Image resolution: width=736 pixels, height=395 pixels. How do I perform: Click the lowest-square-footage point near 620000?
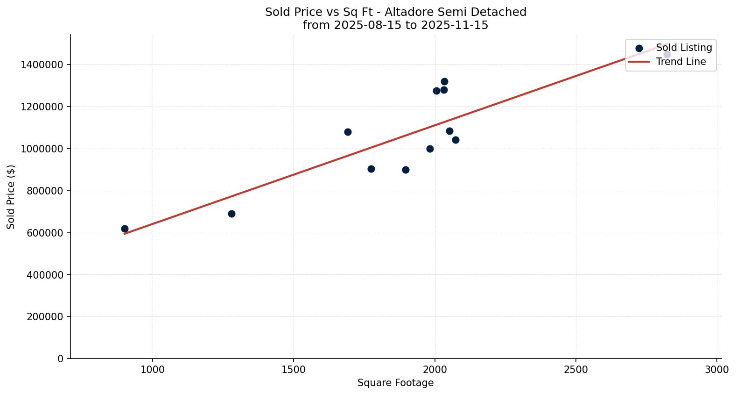pyautogui.click(x=125, y=229)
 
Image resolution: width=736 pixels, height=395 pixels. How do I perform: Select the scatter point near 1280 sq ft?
pyautogui.click(x=231, y=214)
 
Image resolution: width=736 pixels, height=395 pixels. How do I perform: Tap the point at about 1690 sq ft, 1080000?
pyautogui.click(x=348, y=132)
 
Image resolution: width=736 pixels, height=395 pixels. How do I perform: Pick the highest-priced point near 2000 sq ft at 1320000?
pyautogui.click(x=444, y=81)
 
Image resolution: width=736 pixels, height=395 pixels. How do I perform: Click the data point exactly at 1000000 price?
pyautogui.click(x=430, y=149)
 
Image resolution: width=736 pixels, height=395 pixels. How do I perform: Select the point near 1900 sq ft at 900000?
pyautogui.click(x=406, y=170)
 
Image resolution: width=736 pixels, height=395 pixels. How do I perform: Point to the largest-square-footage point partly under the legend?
pyautogui.click(x=667, y=54)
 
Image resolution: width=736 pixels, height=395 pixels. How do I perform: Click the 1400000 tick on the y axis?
pyautogui.click(x=42, y=65)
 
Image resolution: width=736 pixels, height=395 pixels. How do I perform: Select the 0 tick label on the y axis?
pyautogui.click(x=60, y=359)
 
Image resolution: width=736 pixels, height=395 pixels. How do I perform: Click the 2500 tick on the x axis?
pyautogui.click(x=575, y=369)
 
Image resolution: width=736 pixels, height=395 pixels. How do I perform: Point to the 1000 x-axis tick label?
pyautogui.click(x=153, y=369)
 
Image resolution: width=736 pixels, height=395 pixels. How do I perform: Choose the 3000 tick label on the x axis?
pyautogui.click(x=717, y=369)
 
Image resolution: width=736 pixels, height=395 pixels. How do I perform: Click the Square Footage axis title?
pyautogui.click(x=395, y=383)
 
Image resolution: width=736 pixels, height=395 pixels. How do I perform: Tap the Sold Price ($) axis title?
pyautogui.click(x=11, y=197)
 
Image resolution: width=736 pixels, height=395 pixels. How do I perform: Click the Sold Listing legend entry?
pyautogui.click(x=684, y=48)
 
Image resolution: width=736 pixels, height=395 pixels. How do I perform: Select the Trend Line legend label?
pyautogui.click(x=680, y=62)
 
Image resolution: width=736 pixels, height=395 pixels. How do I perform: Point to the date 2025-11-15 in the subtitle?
pyautogui.click(x=454, y=25)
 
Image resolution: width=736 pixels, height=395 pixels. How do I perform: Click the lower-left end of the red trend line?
pyautogui.click(x=125, y=233)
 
